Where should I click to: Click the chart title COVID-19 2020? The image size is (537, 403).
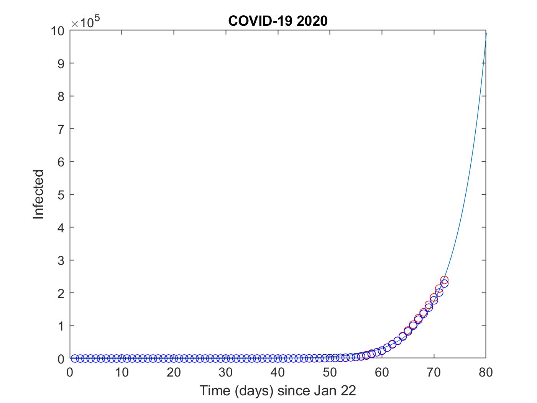click(x=278, y=21)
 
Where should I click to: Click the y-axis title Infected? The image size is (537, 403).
click(x=38, y=194)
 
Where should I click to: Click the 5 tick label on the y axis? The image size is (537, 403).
click(x=60, y=194)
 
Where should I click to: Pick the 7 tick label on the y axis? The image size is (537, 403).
click(x=60, y=129)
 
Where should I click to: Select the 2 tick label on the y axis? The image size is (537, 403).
click(x=60, y=293)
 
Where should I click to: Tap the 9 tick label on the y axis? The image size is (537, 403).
click(x=60, y=63)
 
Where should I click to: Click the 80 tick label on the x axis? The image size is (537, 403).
click(x=486, y=372)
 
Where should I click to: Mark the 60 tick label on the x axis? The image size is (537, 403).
click(x=382, y=372)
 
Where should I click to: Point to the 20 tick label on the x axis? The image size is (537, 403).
click(x=174, y=372)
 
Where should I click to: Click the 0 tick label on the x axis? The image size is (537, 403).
click(x=70, y=372)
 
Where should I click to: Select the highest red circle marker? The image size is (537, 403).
click(x=444, y=280)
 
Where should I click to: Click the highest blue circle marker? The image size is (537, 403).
click(x=444, y=283)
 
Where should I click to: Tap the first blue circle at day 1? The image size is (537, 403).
click(x=75, y=358)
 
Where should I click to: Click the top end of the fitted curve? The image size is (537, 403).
click(x=486, y=34)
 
